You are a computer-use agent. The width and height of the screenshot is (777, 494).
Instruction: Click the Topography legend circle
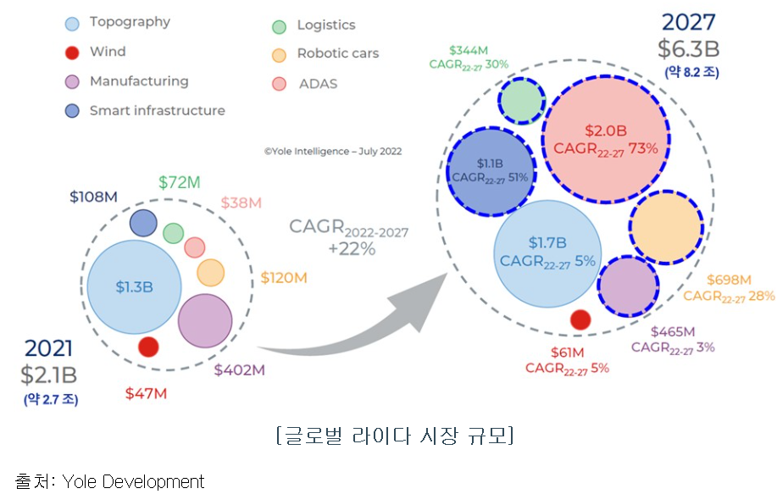(72, 23)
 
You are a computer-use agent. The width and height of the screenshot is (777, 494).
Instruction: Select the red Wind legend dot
(72, 53)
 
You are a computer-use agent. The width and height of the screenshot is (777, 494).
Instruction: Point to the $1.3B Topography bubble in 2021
(135, 286)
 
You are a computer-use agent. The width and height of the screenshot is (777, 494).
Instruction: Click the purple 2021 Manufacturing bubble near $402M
(205, 320)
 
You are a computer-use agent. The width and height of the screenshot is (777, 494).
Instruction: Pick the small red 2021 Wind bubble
(148, 347)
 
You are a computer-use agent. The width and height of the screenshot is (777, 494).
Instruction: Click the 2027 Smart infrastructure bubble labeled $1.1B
(491, 169)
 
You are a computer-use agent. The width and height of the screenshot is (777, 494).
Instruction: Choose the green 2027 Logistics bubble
(522, 101)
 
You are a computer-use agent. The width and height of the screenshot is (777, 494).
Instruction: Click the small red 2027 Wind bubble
(580, 319)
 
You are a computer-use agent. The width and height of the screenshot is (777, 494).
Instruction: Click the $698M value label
(729, 280)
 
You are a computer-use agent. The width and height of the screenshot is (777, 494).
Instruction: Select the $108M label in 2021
(93, 197)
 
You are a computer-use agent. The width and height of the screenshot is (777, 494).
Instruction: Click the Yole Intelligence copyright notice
(332, 152)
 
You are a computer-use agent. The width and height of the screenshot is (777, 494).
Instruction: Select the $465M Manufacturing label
(673, 331)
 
